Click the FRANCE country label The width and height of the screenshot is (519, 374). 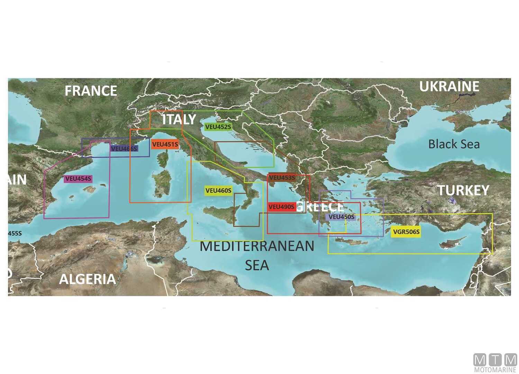[91, 91]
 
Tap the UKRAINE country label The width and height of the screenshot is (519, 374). [449, 87]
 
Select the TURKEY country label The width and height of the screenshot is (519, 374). [463, 190]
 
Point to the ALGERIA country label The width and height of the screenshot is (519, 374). [87, 279]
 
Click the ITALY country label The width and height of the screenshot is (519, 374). [179, 119]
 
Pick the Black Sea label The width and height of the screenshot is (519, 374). [454, 144]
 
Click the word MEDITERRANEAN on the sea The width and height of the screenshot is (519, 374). [257, 246]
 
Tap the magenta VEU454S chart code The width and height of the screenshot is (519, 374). [78, 179]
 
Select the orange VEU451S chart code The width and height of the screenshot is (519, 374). [165, 144]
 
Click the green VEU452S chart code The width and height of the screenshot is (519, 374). [218, 127]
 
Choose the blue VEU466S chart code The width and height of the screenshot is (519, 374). [124, 149]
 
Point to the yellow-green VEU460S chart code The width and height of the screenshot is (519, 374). [218, 191]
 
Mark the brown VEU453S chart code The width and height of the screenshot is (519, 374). [282, 178]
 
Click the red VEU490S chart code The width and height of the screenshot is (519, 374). [281, 207]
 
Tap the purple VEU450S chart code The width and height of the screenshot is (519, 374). [341, 217]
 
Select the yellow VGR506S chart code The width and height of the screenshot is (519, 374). [406, 232]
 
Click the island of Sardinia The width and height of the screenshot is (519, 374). [161, 184]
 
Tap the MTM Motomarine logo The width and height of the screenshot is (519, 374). [495, 363]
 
